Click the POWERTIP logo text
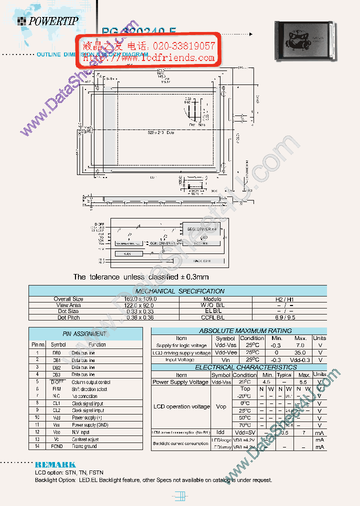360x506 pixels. click(x=52, y=20)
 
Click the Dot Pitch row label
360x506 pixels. click(x=68, y=317)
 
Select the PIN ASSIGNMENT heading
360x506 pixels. click(x=84, y=333)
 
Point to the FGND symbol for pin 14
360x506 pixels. click(x=56, y=446)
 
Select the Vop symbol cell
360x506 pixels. click(x=220, y=406)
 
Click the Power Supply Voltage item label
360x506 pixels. click(x=180, y=382)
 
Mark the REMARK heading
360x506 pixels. click(x=55, y=464)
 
